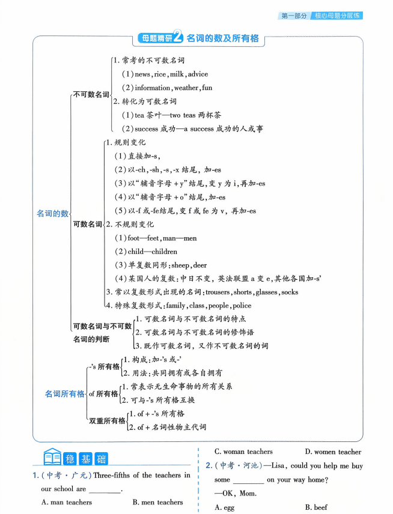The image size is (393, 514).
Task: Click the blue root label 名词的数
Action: tap(52, 213)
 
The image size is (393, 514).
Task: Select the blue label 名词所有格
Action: tap(64, 394)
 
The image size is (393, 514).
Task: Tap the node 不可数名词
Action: tap(91, 94)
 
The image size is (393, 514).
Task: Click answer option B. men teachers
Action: tap(157, 502)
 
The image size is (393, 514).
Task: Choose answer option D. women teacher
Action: tap(333, 452)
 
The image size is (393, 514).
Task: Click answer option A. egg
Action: tap(226, 507)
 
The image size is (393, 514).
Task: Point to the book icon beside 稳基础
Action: tap(52, 459)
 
